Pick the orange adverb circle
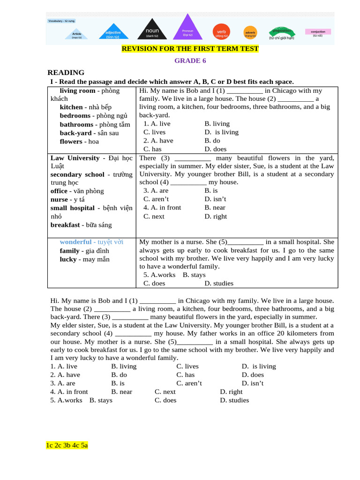(x=250, y=33)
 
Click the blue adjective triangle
(x=113, y=34)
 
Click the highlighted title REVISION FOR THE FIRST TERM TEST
(x=190, y=49)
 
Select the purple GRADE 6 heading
(x=190, y=61)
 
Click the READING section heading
(x=66, y=73)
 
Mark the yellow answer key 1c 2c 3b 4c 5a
(x=67, y=445)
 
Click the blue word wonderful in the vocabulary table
(x=75, y=242)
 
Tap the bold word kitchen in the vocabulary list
(x=71, y=107)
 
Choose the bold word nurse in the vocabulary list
(x=59, y=200)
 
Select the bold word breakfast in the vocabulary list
(x=65, y=225)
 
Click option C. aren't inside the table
(x=156, y=199)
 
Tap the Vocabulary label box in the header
(x=61, y=21)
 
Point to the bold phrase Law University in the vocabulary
(x=75, y=158)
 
